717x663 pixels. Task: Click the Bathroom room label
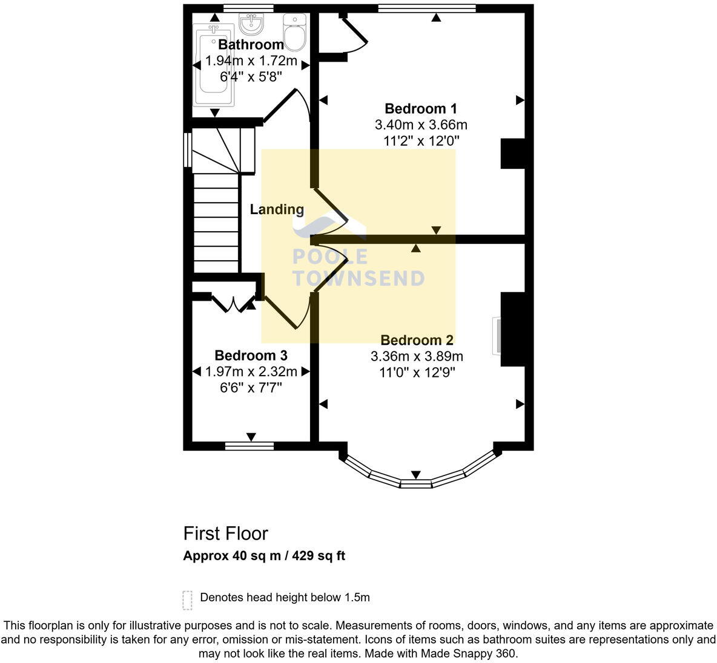(x=251, y=45)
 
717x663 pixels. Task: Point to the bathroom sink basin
(x=251, y=24)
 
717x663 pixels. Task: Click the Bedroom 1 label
(x=421, y=109)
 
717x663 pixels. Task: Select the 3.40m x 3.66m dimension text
(x=421, y=125)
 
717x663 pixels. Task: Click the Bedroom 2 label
(x=417, y=340)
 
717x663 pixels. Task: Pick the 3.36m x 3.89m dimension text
(x=417, y=356)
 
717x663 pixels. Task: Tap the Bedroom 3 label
(x=251, y=355)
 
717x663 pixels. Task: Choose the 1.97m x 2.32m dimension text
(x=251, y=371)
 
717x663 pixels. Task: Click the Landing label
(x=277, y=209)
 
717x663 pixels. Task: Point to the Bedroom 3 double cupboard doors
(x=233, y=302)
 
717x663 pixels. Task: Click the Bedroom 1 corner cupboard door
(x=354, y=36)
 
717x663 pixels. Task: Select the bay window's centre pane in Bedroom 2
(x=415, y=483)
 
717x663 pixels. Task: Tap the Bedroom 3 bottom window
(x=249, y=446)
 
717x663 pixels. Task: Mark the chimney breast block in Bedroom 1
(x=512, y=154)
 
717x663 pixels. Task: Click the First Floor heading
(x=225, y=534)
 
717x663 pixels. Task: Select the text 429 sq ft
(x=319, y=556)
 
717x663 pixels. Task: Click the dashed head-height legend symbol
(x=187, y=600)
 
